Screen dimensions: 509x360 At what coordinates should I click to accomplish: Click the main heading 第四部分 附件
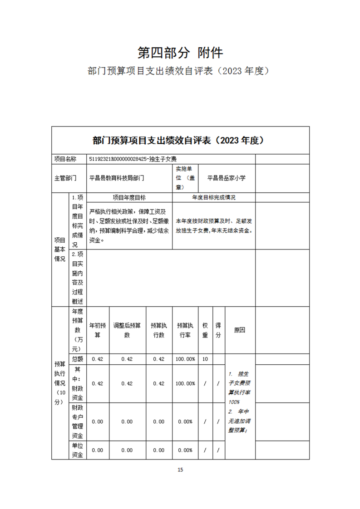[180, 53]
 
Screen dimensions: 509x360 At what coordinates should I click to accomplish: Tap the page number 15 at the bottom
[180, 470]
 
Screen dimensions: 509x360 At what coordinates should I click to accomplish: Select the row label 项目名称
[65, 159]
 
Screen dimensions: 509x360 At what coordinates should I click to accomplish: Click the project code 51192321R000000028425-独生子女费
[133, 159]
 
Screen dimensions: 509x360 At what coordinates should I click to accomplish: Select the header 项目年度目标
[129, 198]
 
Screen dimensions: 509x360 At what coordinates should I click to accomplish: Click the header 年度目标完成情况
[214, 198]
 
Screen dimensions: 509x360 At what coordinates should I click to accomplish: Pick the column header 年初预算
[98, 330]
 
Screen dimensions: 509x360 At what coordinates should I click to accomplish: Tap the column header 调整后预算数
[127, 330]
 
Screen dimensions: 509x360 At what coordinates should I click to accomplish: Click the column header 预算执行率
[185, 330]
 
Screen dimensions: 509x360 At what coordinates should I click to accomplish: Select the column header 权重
[205, 330]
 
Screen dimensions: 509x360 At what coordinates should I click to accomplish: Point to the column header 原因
[240, 330]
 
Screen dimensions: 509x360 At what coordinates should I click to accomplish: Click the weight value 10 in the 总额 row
[205, 359]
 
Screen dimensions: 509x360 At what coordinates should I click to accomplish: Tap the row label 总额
[77, 359]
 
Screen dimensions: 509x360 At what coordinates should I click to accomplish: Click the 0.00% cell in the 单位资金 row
[185, 450]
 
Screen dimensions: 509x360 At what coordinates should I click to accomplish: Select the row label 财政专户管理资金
[77, 421]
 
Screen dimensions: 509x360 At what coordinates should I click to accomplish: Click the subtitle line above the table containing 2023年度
[180, 71]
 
